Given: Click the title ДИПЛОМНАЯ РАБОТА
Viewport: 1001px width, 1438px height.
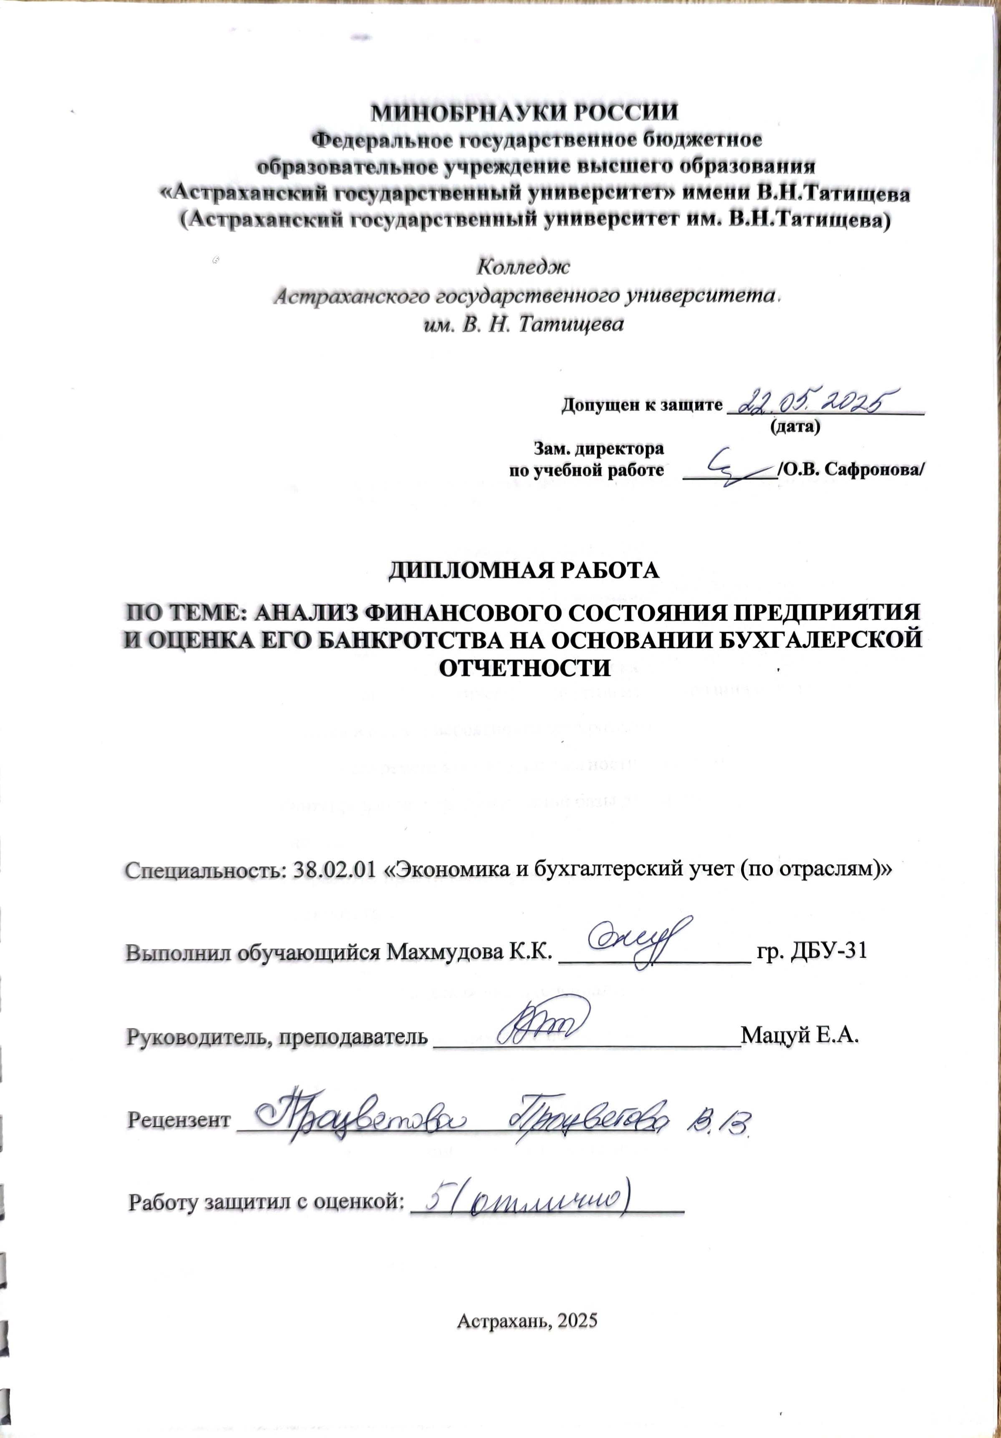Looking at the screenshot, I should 524,570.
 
